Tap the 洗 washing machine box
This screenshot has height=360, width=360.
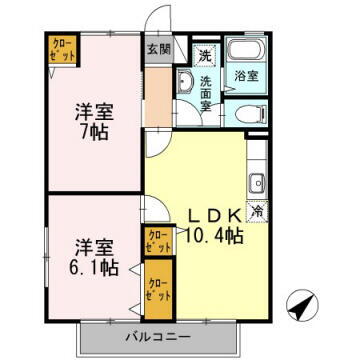[x=204, y=54]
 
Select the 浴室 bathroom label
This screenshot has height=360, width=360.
[x=246, y=75]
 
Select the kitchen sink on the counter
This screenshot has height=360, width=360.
[x=256, y=182]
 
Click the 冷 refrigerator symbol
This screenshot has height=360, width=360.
[x=256, y=211]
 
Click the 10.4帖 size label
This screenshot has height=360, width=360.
[x=213, y=237]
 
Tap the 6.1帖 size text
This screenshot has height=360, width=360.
[x=96, y=268]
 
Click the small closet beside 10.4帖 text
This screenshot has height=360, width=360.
[x=157, y=241]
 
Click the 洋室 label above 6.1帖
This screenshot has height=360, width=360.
[x=94, y=246]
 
